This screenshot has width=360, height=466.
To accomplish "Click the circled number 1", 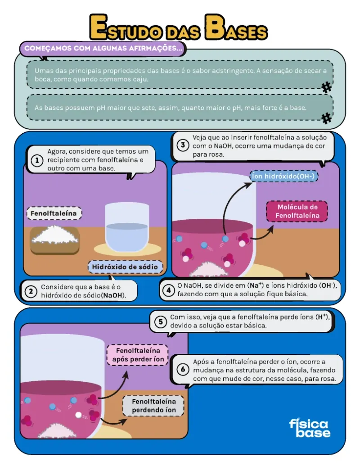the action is (37, 160).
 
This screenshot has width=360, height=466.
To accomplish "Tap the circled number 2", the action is (31, 291).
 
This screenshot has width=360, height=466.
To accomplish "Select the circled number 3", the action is (183, 145).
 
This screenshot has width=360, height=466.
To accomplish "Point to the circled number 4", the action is (168, 290).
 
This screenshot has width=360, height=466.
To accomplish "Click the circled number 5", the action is (160, 321).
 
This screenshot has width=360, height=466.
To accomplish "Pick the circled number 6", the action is (183, 370).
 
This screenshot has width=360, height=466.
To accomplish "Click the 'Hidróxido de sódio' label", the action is (125, 267).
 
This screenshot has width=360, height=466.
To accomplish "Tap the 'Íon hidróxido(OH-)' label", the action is (283, 176).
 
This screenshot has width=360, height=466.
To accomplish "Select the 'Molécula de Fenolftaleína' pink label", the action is (297, 211).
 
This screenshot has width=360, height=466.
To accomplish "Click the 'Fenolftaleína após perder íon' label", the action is (138, 355).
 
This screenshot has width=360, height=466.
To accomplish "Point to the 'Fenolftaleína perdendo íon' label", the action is (153, 406).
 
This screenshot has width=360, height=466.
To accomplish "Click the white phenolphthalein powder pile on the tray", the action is (55, 234).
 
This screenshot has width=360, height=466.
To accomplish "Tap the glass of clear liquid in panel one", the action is (127, 227).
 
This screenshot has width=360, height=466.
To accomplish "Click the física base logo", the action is (310, 428).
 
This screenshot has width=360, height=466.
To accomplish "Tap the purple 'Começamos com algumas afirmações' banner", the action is (103, 49).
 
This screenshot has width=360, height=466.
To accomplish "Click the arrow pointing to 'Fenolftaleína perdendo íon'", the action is (113, 421).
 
